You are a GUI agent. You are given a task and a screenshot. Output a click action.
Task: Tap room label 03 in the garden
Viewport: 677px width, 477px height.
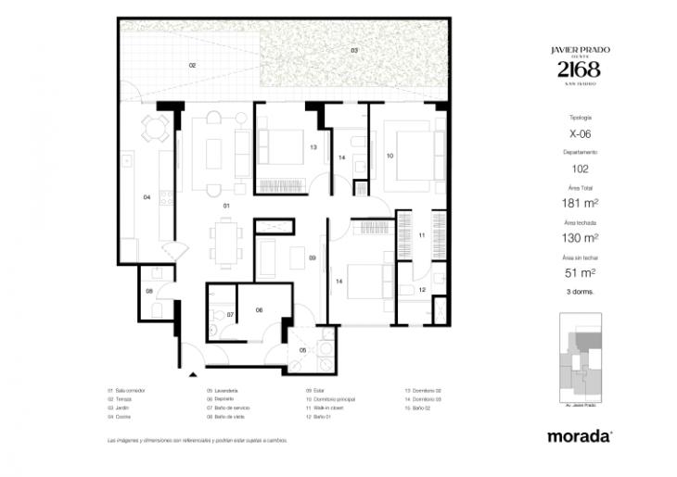click(x=353, y=49)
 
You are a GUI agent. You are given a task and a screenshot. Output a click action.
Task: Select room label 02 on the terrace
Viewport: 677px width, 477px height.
click(x=192, y=66)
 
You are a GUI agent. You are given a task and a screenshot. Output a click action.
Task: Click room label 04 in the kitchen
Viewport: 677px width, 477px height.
click(x=147, y=197)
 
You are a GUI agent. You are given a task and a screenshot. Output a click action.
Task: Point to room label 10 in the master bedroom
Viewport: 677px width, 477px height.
click(x=390, y=156)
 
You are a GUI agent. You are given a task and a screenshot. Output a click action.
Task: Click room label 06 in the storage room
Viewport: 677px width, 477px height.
click(x=259, y=310)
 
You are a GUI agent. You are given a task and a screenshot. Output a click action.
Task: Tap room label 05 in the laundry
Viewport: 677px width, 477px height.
click(x=302, y=349)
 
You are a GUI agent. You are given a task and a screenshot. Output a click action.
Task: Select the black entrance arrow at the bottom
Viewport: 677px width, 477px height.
click(x=193, y=374)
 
